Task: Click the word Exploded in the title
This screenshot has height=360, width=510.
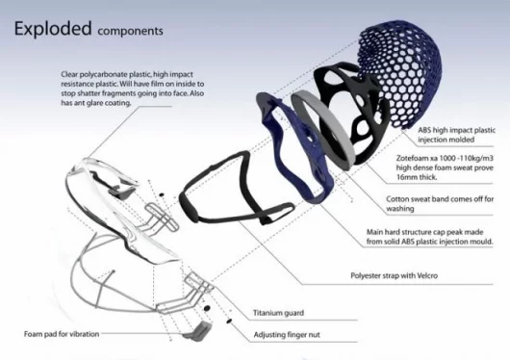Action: [x=53, y=29]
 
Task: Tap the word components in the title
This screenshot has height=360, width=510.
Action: [x=130, y=31]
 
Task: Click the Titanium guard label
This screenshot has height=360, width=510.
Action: [x=278, y=313]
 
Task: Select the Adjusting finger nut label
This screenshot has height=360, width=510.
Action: [x=287, y=335]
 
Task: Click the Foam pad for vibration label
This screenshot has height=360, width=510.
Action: [x=62, y=334]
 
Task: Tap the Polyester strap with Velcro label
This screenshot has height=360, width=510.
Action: [x=394, y=275]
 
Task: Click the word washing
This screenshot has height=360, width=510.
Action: [x=400, y=209]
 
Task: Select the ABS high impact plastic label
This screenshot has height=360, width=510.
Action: [x=457, y=130]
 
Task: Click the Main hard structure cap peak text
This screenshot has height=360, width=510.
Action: [x=424, y=232]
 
